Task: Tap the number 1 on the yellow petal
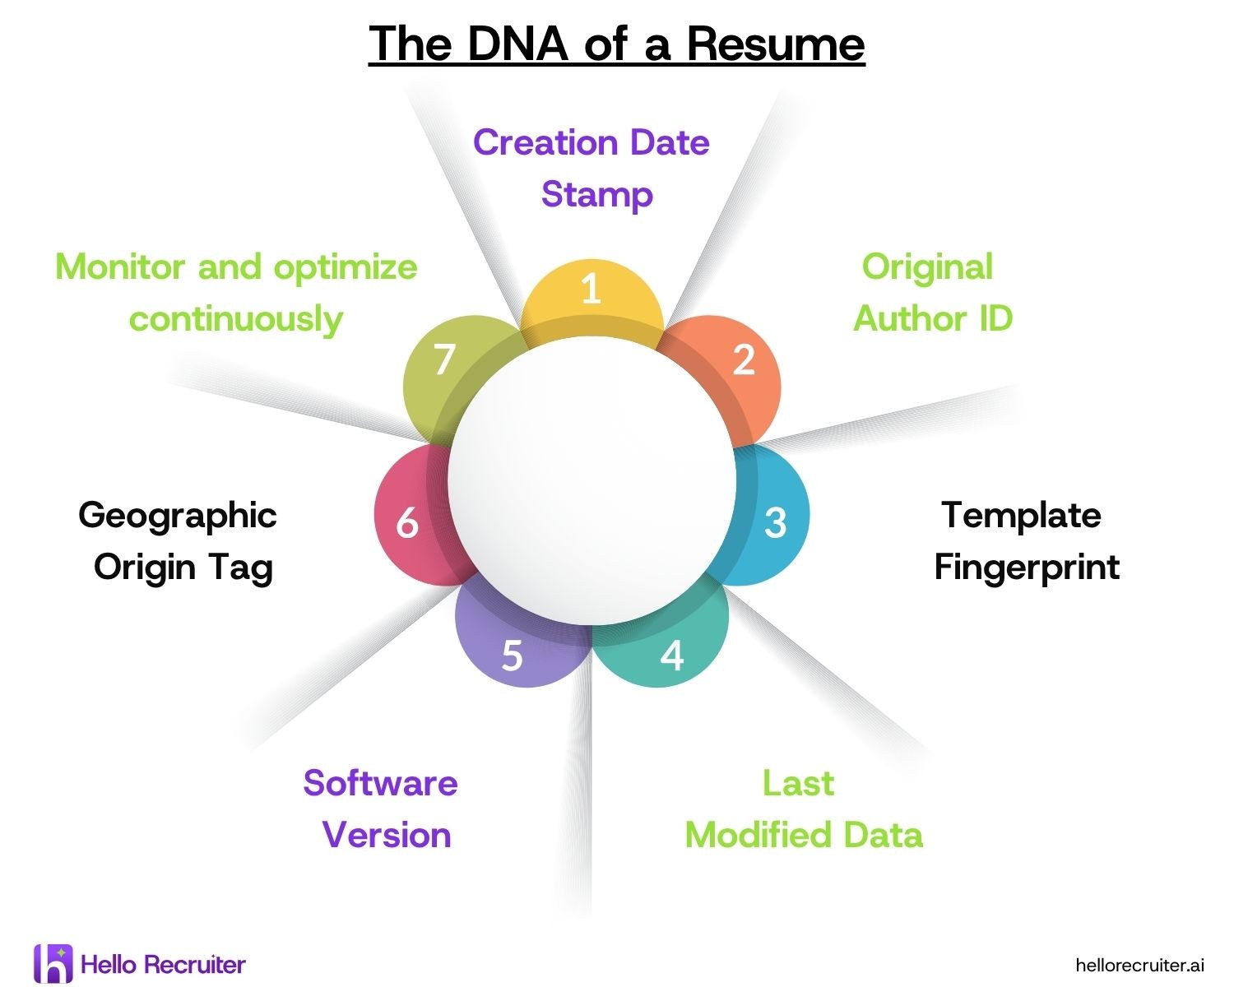click(591, 290)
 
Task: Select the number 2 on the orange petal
click(744, 359)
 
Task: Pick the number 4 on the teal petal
click(672, 656)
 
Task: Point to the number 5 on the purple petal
click(512, 656)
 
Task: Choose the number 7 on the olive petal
click(444, 359)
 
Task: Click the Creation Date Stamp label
click(591, 169)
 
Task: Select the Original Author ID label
click(932, 293)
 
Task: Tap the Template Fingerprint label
click(1026, 541)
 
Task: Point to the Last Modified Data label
click(803, 809)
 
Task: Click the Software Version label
click(381, 809)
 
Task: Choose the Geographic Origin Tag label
click(179, 541)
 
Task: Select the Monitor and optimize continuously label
click(236, 293)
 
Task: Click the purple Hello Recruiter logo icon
click(53, 964)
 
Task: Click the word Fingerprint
click(1027, 568)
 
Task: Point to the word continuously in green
click(236, 319)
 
